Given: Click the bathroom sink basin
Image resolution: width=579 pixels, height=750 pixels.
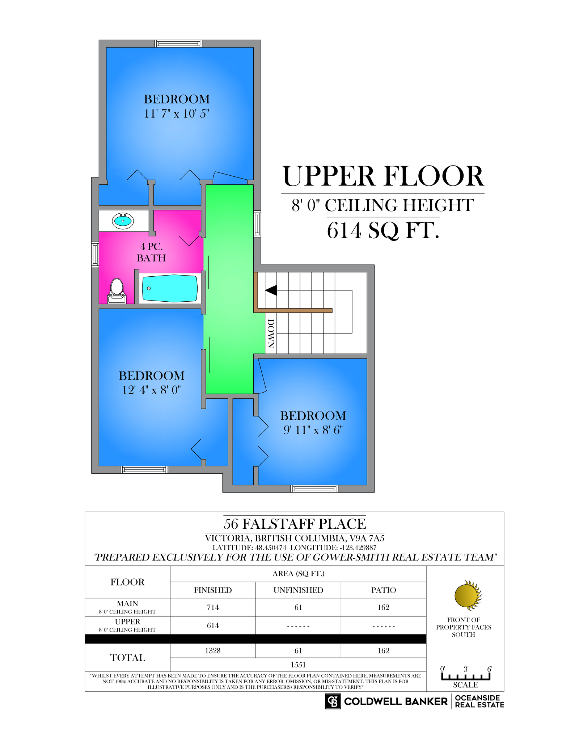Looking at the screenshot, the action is click(x=123, y=221).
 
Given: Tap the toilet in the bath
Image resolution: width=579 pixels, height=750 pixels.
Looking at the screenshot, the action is click(x=117, y=291).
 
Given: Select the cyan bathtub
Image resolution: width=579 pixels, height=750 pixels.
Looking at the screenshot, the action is click(x=170, y=288).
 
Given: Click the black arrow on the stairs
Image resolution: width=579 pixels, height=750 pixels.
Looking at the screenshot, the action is click(x=271, y=290).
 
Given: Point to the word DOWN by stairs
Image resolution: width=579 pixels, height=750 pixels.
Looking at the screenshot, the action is click(x=271, y=333).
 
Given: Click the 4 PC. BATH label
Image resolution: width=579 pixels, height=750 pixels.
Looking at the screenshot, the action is click(x=151, y=252).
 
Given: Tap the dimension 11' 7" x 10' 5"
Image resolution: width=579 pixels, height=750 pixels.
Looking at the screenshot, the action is click(x=177, y=113).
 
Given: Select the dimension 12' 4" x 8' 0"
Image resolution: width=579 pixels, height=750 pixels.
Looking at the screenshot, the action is click(x=152, y=390).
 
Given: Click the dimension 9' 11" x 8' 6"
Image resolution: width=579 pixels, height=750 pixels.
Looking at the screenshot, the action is click(x=313, y=430).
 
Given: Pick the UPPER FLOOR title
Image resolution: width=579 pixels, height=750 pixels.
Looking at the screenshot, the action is click(x=383, y=176).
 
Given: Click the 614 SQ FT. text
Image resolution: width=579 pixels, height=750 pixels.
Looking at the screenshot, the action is click(x=383, y=230).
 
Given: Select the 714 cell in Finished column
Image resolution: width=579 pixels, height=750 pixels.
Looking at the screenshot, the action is click(x=213, y=607).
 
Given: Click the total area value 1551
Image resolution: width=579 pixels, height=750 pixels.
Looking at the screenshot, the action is click(x=298, y=665).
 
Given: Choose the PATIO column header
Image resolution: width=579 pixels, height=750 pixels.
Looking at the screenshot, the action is click(x=384, y=590).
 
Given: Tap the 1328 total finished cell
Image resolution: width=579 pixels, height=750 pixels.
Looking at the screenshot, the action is click(x=213, y=650).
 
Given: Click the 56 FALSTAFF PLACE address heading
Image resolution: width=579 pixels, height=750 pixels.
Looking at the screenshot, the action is click(x=295, y=524).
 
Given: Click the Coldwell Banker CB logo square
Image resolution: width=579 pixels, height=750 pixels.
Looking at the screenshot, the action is click(x=333, y=701).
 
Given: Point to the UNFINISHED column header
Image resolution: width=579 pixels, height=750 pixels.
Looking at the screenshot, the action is click(x=298, y=590).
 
